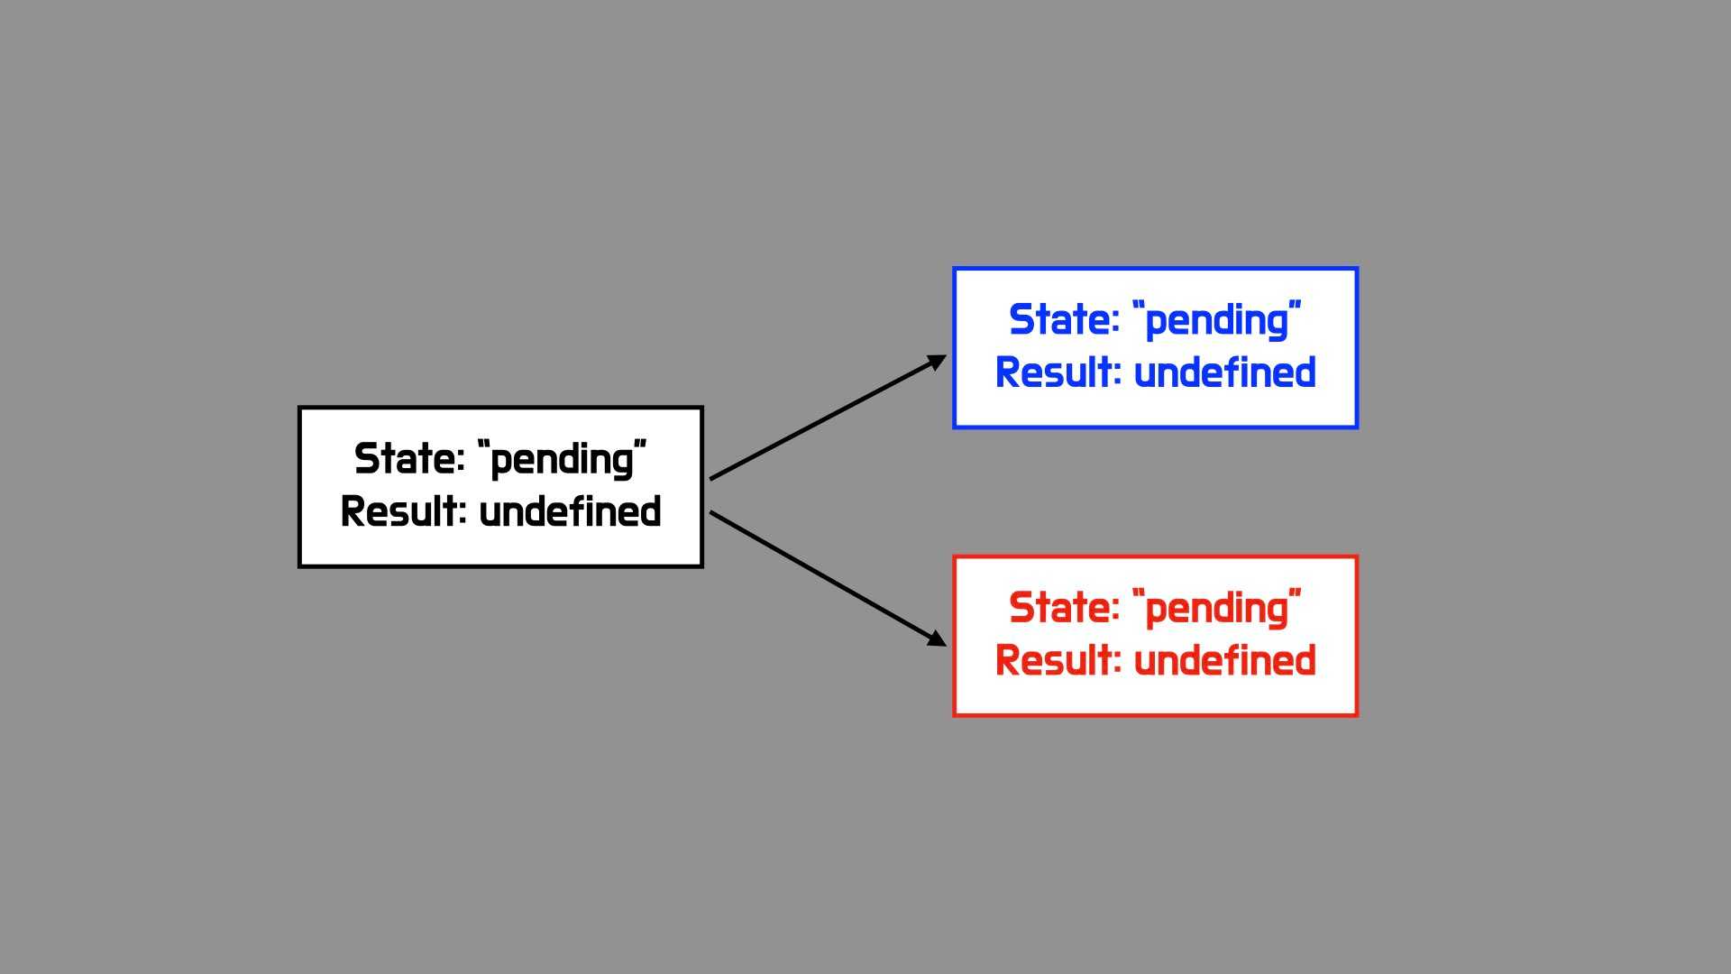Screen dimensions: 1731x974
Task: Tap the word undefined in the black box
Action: pyautogui.click(x=570, y=511)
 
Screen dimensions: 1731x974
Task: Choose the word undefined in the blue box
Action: pyautogui.click(x=1224, y=372)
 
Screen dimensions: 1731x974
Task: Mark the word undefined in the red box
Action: pyautogui.click(x=1224, y=660)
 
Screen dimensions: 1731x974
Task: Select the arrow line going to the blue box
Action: pyautogui.click(x=829, y=417)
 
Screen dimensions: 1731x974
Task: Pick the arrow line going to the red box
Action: pyautogui.click(x=829, y=579)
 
